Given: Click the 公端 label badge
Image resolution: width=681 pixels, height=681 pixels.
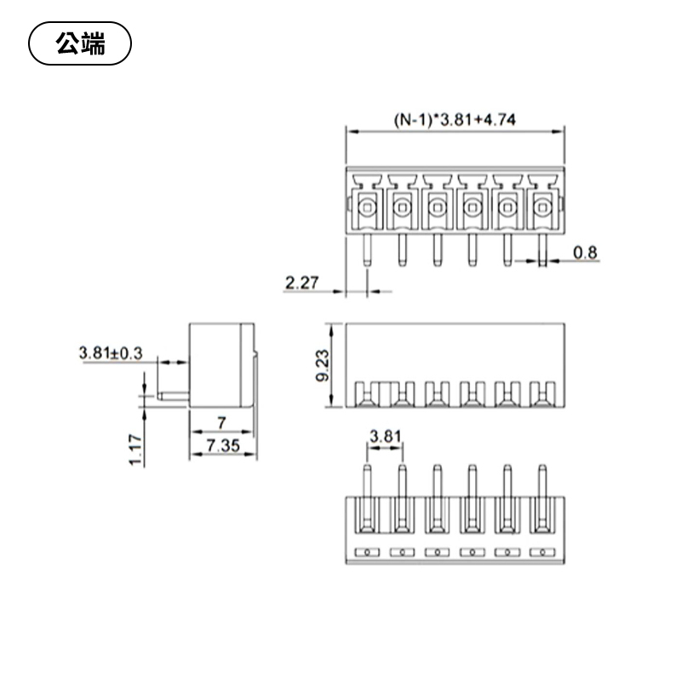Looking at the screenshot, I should coord(80,44).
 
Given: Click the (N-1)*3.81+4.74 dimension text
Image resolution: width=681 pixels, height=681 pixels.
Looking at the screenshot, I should coord(455,120).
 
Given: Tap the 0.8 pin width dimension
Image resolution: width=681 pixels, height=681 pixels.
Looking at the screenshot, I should coord(586,251).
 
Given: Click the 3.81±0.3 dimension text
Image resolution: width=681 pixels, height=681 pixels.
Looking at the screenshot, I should coord(111,352).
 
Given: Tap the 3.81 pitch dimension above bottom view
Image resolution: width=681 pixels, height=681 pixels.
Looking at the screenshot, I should coord(384,437).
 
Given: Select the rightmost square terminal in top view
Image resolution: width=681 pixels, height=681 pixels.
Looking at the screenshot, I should coord(542,206).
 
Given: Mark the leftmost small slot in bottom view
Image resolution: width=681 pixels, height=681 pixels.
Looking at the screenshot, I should coord(366,552).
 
